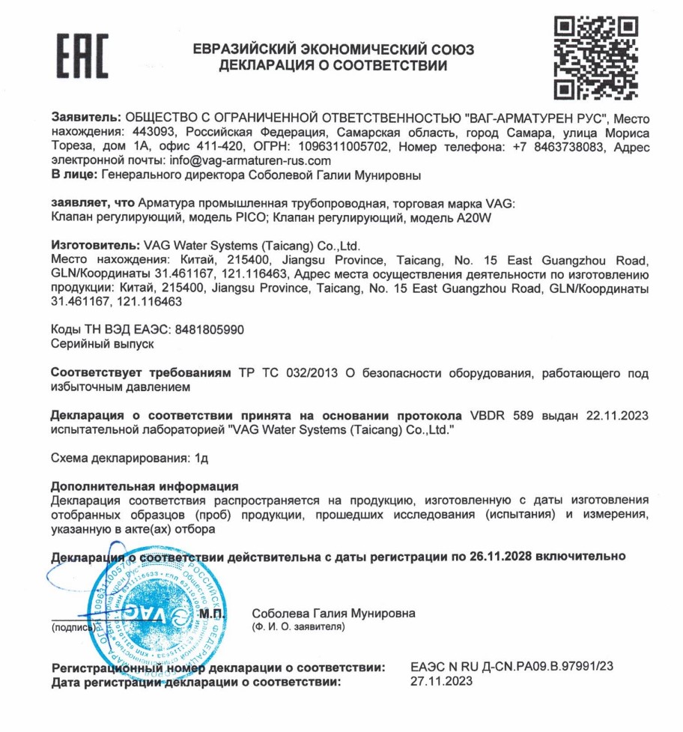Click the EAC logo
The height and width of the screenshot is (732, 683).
(x=83, y=56)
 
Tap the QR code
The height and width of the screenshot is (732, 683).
(x=595, y=58)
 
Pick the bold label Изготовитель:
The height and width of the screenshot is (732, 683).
(x=95, y=245)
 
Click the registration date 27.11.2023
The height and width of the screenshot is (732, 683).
(x=442, y=682)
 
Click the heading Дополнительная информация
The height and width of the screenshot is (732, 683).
(x=144, y=486)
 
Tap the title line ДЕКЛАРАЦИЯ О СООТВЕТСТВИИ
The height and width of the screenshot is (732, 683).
(x=333, y=66)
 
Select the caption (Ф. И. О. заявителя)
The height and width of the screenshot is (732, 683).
(x=298, y=626)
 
